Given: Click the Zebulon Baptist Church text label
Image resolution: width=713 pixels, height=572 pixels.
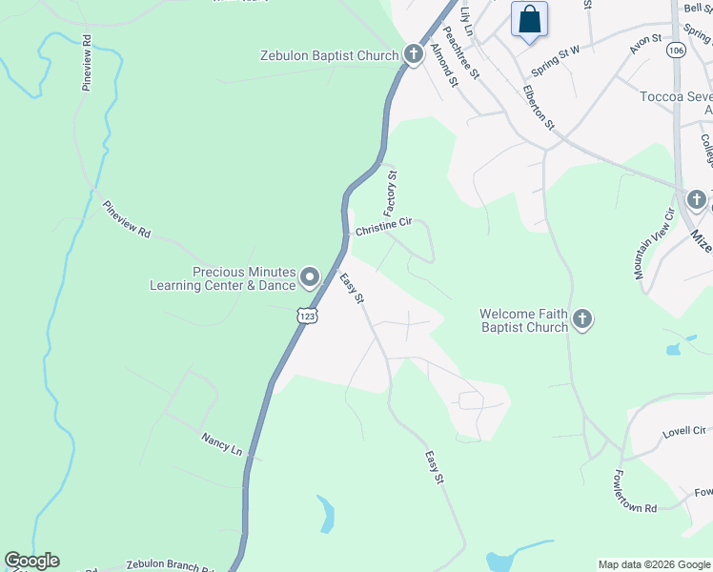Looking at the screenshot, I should tap(329, 55).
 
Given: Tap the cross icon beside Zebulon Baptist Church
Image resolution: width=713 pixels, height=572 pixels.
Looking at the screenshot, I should tap(413, 54).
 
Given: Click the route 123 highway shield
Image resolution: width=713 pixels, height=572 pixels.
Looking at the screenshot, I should tap(306, 314).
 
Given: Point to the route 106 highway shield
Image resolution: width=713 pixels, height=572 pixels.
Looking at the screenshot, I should tap(676, 50).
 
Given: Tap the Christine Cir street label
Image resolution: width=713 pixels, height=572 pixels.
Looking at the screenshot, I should tap(383, 227).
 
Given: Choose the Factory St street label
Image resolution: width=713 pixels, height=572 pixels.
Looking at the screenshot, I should tap(391, 193).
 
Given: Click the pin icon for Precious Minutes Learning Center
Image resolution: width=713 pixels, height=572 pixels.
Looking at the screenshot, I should tap(310, 277).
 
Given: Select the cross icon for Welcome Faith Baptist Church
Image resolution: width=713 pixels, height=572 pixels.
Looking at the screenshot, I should tap(582, 320).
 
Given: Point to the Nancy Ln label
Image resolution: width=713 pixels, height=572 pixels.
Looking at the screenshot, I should tap(222, 443).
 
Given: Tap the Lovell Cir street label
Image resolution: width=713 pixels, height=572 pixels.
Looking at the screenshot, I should tap(684, 432).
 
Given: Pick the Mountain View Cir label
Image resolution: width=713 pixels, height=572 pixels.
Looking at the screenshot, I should tap(654, 244).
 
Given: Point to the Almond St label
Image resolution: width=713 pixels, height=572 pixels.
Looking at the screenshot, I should tap(444, 64).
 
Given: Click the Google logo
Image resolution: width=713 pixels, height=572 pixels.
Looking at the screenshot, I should tap(31, 561).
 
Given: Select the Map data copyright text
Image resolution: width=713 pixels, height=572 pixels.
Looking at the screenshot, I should tap(654, 564).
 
